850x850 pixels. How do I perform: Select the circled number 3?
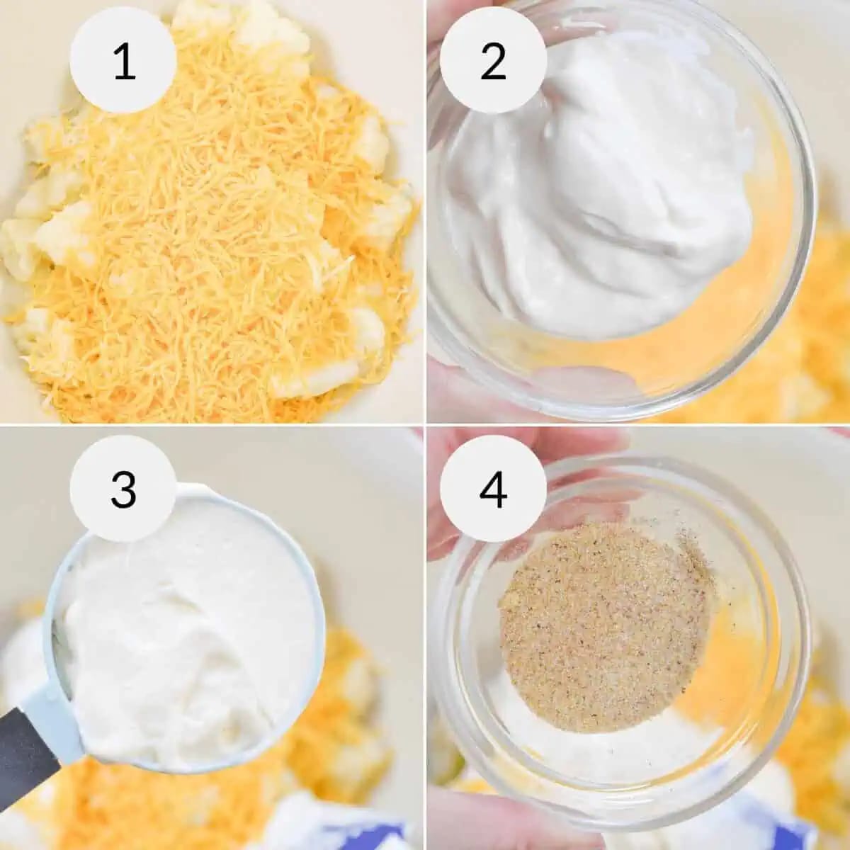point(124,489)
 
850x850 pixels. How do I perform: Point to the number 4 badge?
point(492,489)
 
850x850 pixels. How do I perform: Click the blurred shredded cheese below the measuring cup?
point(106,800)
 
